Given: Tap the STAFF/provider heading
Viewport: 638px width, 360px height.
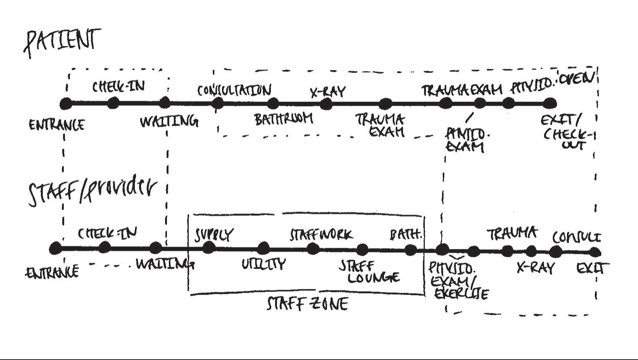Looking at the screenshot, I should [93, 191].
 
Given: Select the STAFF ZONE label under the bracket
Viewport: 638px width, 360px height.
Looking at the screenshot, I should [308, 304].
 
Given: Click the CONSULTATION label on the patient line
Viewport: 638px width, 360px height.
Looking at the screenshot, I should [234, 90].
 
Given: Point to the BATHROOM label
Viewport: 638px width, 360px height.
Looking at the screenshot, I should [283, 119].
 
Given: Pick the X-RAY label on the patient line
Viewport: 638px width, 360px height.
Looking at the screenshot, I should [327, 92].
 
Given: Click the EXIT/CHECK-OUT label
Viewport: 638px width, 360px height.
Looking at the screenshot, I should [568, 132].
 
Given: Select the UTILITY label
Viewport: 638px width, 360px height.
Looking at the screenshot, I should [264, 264].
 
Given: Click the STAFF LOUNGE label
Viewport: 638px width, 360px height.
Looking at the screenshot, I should [370, 272].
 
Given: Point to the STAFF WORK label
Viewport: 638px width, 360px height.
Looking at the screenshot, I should [321, 234].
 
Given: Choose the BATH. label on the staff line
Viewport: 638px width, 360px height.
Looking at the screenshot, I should [406, 234].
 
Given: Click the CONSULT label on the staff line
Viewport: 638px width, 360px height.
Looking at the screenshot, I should [576, 237].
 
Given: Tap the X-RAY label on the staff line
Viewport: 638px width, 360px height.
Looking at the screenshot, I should [535, 268].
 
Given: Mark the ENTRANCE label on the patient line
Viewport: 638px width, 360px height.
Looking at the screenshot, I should [57, 125].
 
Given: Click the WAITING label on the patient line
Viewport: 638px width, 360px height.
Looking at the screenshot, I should [169, 122].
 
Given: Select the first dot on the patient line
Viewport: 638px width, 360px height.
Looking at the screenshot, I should [66, 103].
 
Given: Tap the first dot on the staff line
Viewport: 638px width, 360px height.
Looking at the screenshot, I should [55, 249].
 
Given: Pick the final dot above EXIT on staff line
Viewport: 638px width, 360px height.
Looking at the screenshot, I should [594, 252].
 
